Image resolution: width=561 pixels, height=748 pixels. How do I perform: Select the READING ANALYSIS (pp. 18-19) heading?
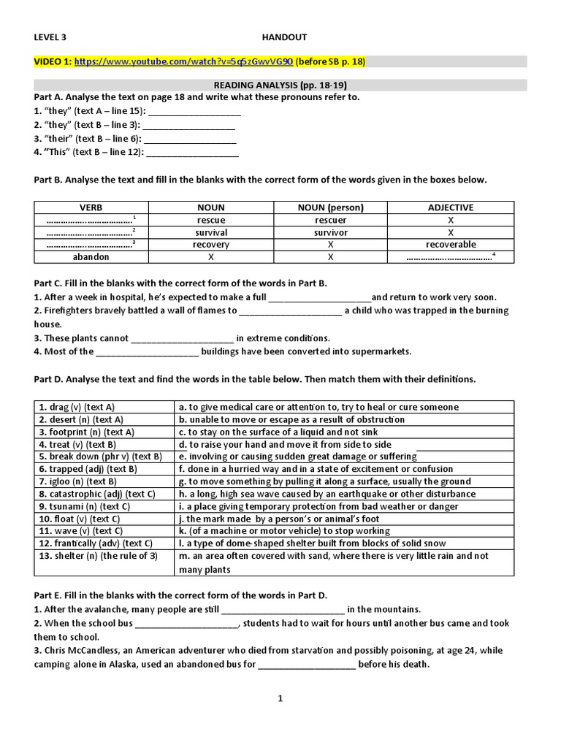[280, 85]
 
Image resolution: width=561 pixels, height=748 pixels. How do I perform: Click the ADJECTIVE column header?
[450, 207]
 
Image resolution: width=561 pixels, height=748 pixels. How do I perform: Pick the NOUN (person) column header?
[331, 207]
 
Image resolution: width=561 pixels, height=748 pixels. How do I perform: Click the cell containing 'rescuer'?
[331, 220]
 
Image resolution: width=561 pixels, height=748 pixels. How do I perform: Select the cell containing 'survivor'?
[331, 232]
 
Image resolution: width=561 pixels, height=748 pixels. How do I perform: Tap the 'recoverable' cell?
[450, 245]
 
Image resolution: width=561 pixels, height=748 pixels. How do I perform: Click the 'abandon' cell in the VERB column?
[91, 257]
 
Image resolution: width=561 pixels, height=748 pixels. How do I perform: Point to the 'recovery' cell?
[211, 245]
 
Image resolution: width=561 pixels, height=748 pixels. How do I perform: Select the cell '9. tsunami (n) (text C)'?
[85, 506]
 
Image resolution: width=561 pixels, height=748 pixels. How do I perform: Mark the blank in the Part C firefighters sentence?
[290, 311]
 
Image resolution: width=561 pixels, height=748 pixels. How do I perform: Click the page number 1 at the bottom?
[280, 699]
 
